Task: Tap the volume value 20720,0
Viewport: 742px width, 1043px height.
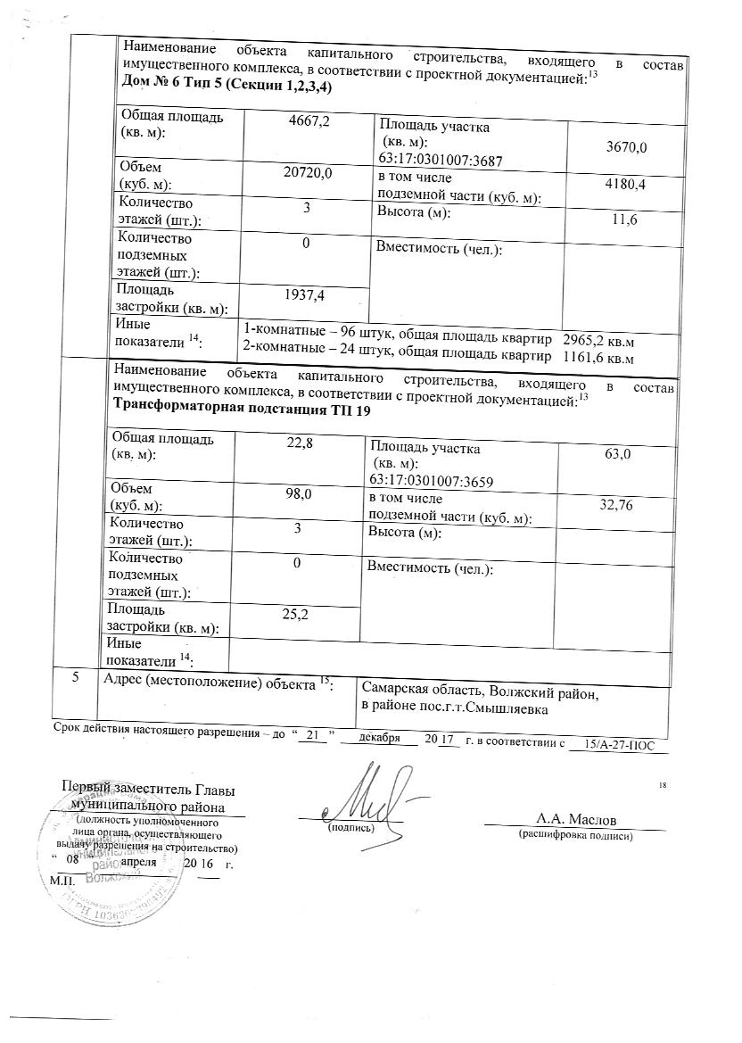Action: (x=305, y=173)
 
